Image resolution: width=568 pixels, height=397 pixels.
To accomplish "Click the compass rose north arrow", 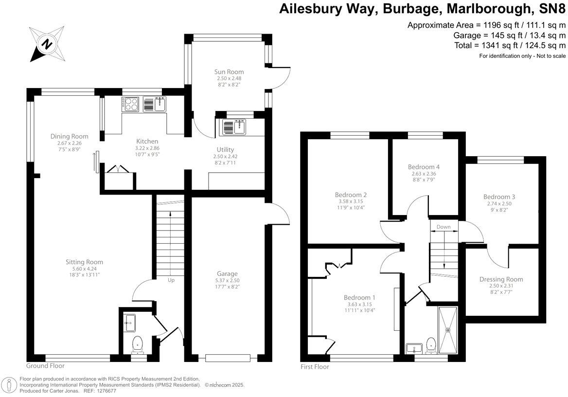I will coord(47,43).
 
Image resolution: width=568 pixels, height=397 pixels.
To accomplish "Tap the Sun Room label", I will coord(229,72).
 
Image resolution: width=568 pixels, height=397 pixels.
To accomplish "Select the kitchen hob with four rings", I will coord(130,104).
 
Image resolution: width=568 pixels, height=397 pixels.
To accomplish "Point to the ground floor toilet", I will coord(138,343).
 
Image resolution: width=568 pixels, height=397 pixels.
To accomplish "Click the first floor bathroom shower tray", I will coord(448,330).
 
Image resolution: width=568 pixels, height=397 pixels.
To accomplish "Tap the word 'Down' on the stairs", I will coord(443,227).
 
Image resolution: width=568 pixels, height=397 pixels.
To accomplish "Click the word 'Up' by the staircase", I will coord(171,280).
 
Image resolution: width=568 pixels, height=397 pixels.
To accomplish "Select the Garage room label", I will coord(227,274).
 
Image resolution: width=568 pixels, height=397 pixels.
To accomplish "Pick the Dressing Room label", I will coord(501,279).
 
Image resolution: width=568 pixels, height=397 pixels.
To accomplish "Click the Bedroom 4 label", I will coord(423,167).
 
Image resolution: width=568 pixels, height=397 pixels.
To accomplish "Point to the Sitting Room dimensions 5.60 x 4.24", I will coord(84,269).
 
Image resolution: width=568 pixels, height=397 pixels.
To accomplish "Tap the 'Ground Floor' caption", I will coord(45,366).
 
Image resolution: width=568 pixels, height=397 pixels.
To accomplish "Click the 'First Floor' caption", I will coord(314,367).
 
